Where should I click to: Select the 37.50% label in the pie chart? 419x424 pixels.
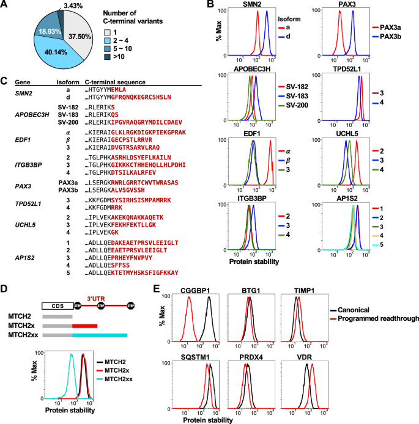click(75, 36)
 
